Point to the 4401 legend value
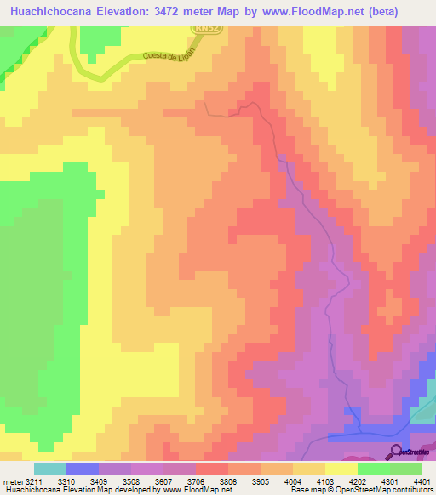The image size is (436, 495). (422, 481)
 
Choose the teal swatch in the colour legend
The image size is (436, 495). (50, 469)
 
